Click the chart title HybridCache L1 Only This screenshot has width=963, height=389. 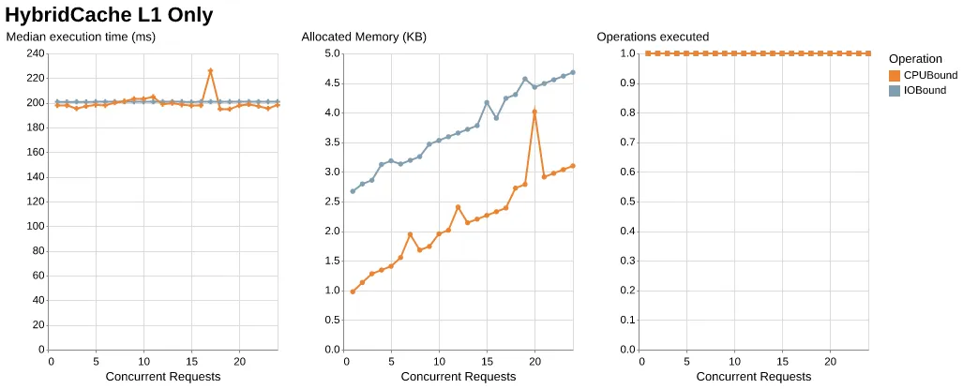tap(109, 15)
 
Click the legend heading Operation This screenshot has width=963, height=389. tap(915, 58)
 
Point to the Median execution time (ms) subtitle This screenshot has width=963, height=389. tap(81, 37)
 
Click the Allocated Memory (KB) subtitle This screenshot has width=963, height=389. tap(364, 37)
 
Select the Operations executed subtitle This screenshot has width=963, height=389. tap(653, 37)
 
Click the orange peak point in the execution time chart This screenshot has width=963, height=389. tap(210, 70)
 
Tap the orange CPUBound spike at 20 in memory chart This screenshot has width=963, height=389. tap(534, 112)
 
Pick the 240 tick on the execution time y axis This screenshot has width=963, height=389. tap(35, 53)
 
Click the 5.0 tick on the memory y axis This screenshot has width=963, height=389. tap(332, 53)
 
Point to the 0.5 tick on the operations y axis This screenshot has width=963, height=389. tap(627, 202)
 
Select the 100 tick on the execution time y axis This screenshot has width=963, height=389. tap(35, 226)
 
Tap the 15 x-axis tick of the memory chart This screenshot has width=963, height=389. tap(487, 361)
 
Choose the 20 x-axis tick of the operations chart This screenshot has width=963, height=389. tap(830, 361)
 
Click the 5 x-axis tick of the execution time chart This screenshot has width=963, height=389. tap(97, 361)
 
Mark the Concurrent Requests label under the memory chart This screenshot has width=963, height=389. tap(459, 377)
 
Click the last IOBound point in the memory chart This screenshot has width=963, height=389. tap(572, 72)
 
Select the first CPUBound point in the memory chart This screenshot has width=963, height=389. tap(353, 292)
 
